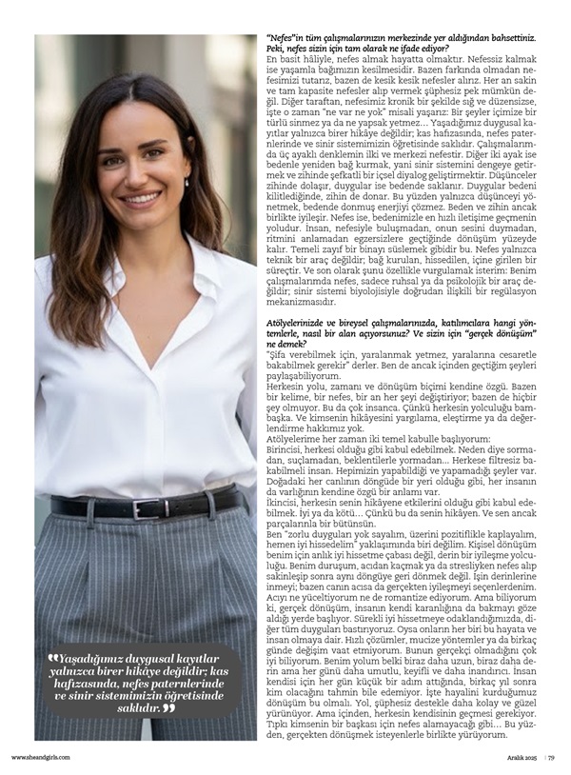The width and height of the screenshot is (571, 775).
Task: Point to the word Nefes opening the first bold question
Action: tap(283, 37)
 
